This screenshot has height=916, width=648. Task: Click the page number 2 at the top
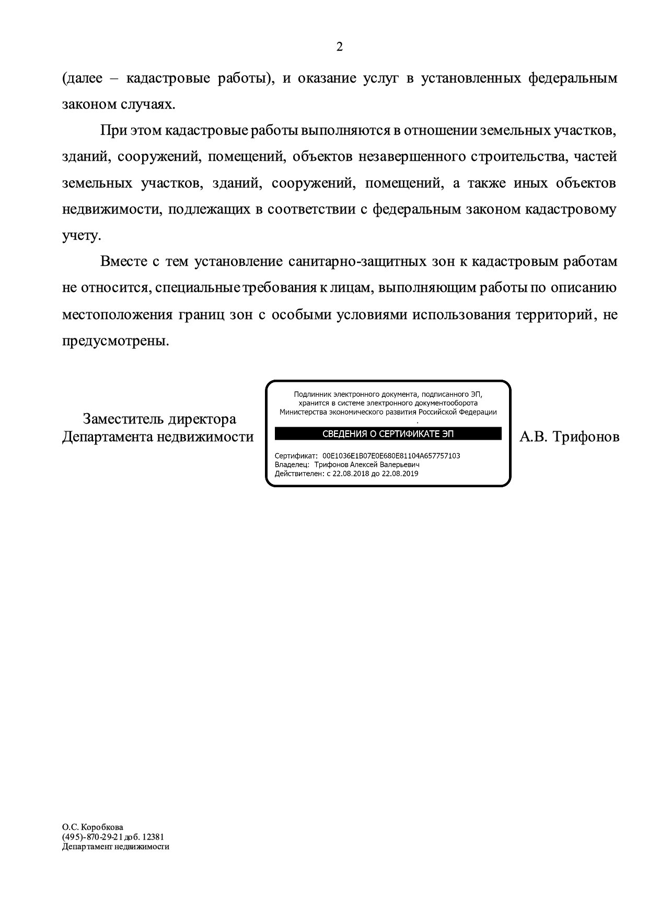pyautogui.click(x=339, y=48)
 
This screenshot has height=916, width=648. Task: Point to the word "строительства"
pyautogui.click(x=515, y=157)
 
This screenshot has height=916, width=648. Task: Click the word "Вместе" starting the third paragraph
pyautogui.click(x=124, y=262)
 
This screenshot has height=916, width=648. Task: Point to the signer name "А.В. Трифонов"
pyautogui.click(x=569, y=437)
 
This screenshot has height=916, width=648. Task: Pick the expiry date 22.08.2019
pyautogui.click(x=400, y=474)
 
